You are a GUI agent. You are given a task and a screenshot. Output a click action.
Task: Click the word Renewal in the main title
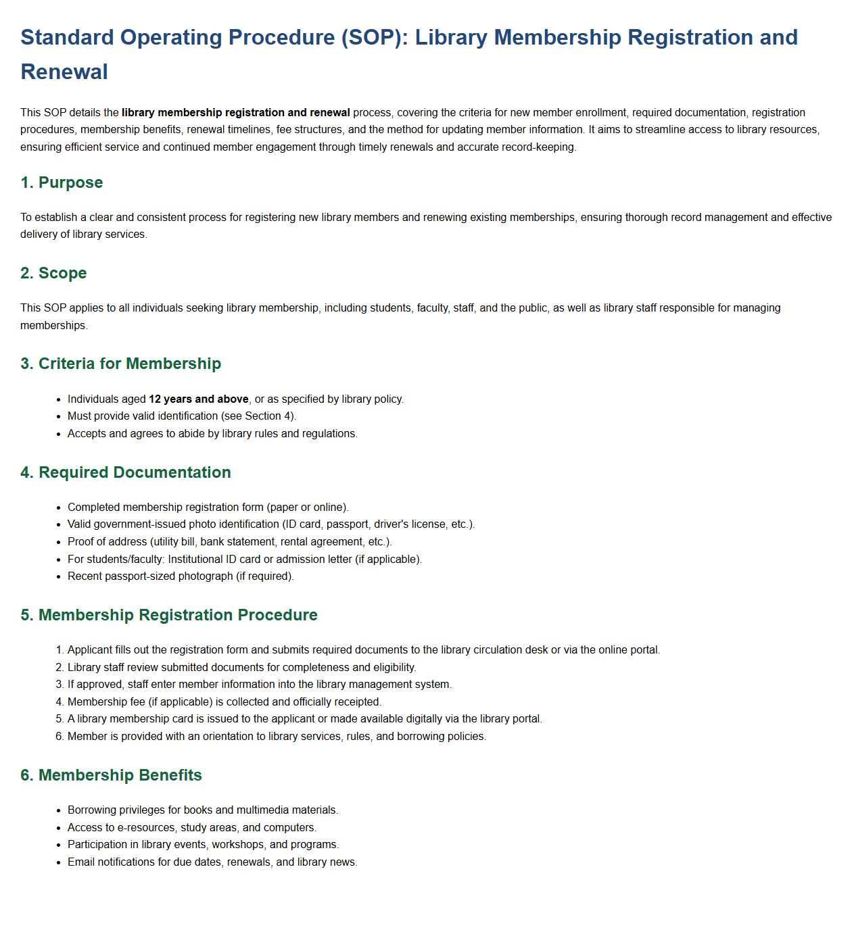tap(64, 72)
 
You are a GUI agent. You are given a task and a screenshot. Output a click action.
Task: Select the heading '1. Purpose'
tap(62, 182)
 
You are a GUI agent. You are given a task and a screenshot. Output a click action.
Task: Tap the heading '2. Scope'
tap(53, 273)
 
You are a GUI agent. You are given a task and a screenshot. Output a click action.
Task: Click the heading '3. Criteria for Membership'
tap(120, 364)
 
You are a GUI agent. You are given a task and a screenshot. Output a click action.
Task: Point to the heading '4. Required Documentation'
tap(125, 472)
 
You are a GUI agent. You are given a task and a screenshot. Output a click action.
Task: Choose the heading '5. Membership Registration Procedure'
tap(168, 615)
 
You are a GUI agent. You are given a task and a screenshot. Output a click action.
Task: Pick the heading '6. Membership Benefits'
tap(111, 775)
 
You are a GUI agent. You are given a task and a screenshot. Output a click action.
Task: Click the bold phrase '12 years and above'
tap(198, 399)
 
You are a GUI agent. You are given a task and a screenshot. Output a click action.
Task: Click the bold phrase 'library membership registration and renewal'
tap(235, 113)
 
